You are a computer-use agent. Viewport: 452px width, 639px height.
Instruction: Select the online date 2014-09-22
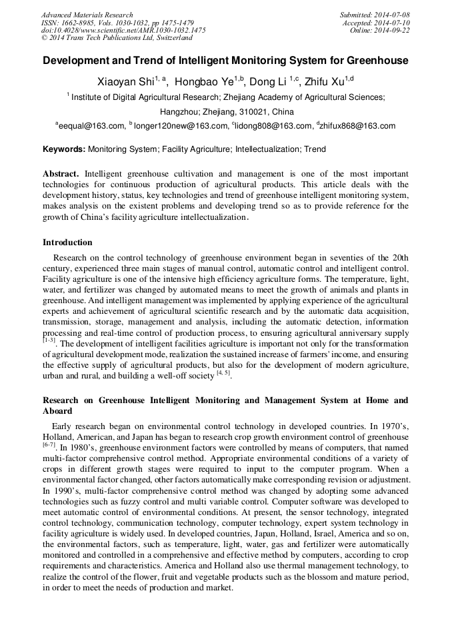point(393,30)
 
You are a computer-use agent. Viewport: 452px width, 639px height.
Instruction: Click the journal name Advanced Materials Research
point(87,15)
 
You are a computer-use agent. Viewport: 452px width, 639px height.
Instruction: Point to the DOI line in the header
point(123,30)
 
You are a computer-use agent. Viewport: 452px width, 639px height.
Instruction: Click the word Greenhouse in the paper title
point(378,61)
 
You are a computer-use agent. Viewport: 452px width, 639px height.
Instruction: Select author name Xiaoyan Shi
point(125,83)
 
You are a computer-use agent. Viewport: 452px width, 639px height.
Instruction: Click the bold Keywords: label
point(64,150)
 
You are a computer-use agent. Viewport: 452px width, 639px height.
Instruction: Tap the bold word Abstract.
point(61,174)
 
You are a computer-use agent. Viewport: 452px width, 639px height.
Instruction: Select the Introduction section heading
point(67,243)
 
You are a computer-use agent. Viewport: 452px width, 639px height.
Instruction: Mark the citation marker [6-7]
point(49,446)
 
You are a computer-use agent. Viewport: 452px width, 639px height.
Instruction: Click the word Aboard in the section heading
point(57,411)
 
